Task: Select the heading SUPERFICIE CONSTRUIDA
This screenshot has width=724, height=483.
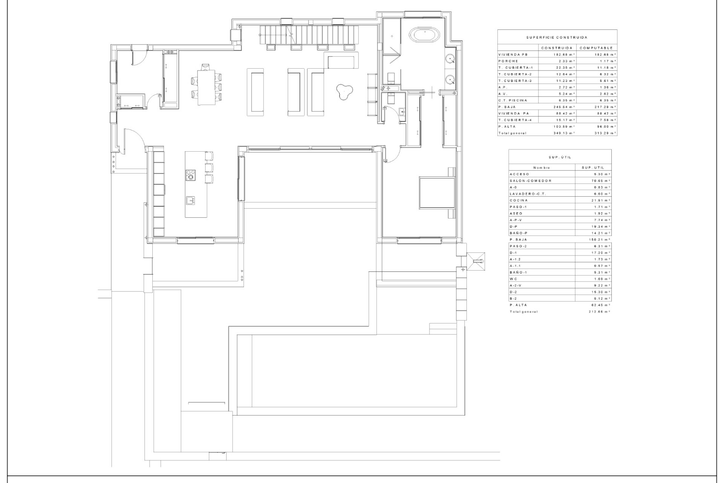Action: pyautogui.click(x=557, y=38)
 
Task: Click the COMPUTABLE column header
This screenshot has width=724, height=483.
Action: pyautogui.click(x=596, y=48)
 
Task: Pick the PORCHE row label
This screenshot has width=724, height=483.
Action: pyautogui.click(x=508, y=61)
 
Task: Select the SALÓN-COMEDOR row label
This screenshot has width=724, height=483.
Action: pyautogui.click(x=525, y=181)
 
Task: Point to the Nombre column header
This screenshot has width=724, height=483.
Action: pyautogui.click(x=541, y=168)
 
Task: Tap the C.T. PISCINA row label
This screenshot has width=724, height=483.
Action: pyautogui.click(x=512, y=100)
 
